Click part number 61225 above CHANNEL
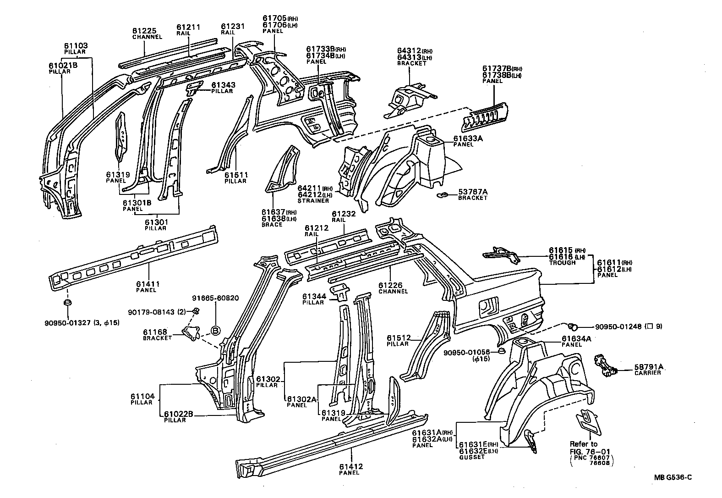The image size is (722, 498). tap(144, 31)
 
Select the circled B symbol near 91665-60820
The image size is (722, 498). tap(215, 330)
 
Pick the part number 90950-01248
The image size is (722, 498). tap(618, 327)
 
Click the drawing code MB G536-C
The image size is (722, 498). tap(672, 477)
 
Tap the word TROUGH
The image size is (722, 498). tap(562, 263)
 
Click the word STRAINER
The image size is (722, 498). tap(313, 201)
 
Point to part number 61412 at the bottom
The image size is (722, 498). tap(351, 467)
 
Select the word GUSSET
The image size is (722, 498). tap(471, 457)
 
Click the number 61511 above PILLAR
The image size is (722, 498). tap(236, 175)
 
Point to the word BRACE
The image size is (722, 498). tap(272, 225)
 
